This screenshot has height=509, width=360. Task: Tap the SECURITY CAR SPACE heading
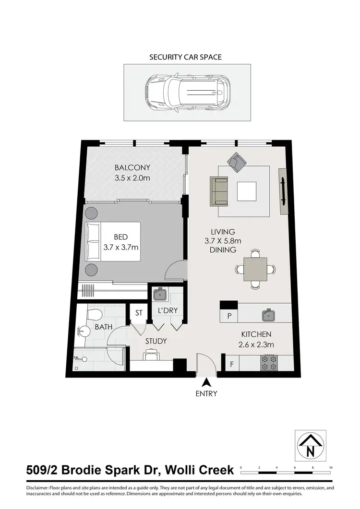pos(185,57)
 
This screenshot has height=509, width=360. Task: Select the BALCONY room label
pos(132,168)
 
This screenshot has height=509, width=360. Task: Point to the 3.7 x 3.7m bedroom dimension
pos(121,248)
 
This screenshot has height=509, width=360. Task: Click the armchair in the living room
pos(236,162)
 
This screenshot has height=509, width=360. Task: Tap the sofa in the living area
pos(219,190)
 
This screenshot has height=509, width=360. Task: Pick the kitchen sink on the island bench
pos(268,315)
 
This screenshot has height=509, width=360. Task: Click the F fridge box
pos(232,364)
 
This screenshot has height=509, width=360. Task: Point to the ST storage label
pos(139,312)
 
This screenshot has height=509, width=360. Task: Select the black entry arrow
pos(206,382)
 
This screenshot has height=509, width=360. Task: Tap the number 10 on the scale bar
pos(331,467)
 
